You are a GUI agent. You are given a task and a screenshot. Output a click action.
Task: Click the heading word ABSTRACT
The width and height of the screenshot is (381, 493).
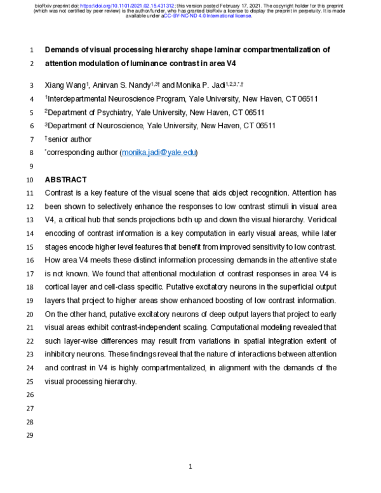(65, 180)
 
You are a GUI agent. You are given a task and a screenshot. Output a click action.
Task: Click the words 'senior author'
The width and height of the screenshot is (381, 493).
(70, 139)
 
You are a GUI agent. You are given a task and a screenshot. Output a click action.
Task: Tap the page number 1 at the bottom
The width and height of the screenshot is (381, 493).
(190, 467)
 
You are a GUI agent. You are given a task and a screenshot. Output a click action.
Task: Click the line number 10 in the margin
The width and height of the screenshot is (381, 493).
(32, 180)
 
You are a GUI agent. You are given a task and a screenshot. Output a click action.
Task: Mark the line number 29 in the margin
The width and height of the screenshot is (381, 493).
(32, 436)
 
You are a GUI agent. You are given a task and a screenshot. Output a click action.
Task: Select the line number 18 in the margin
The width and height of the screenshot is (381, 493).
(32, 288)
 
